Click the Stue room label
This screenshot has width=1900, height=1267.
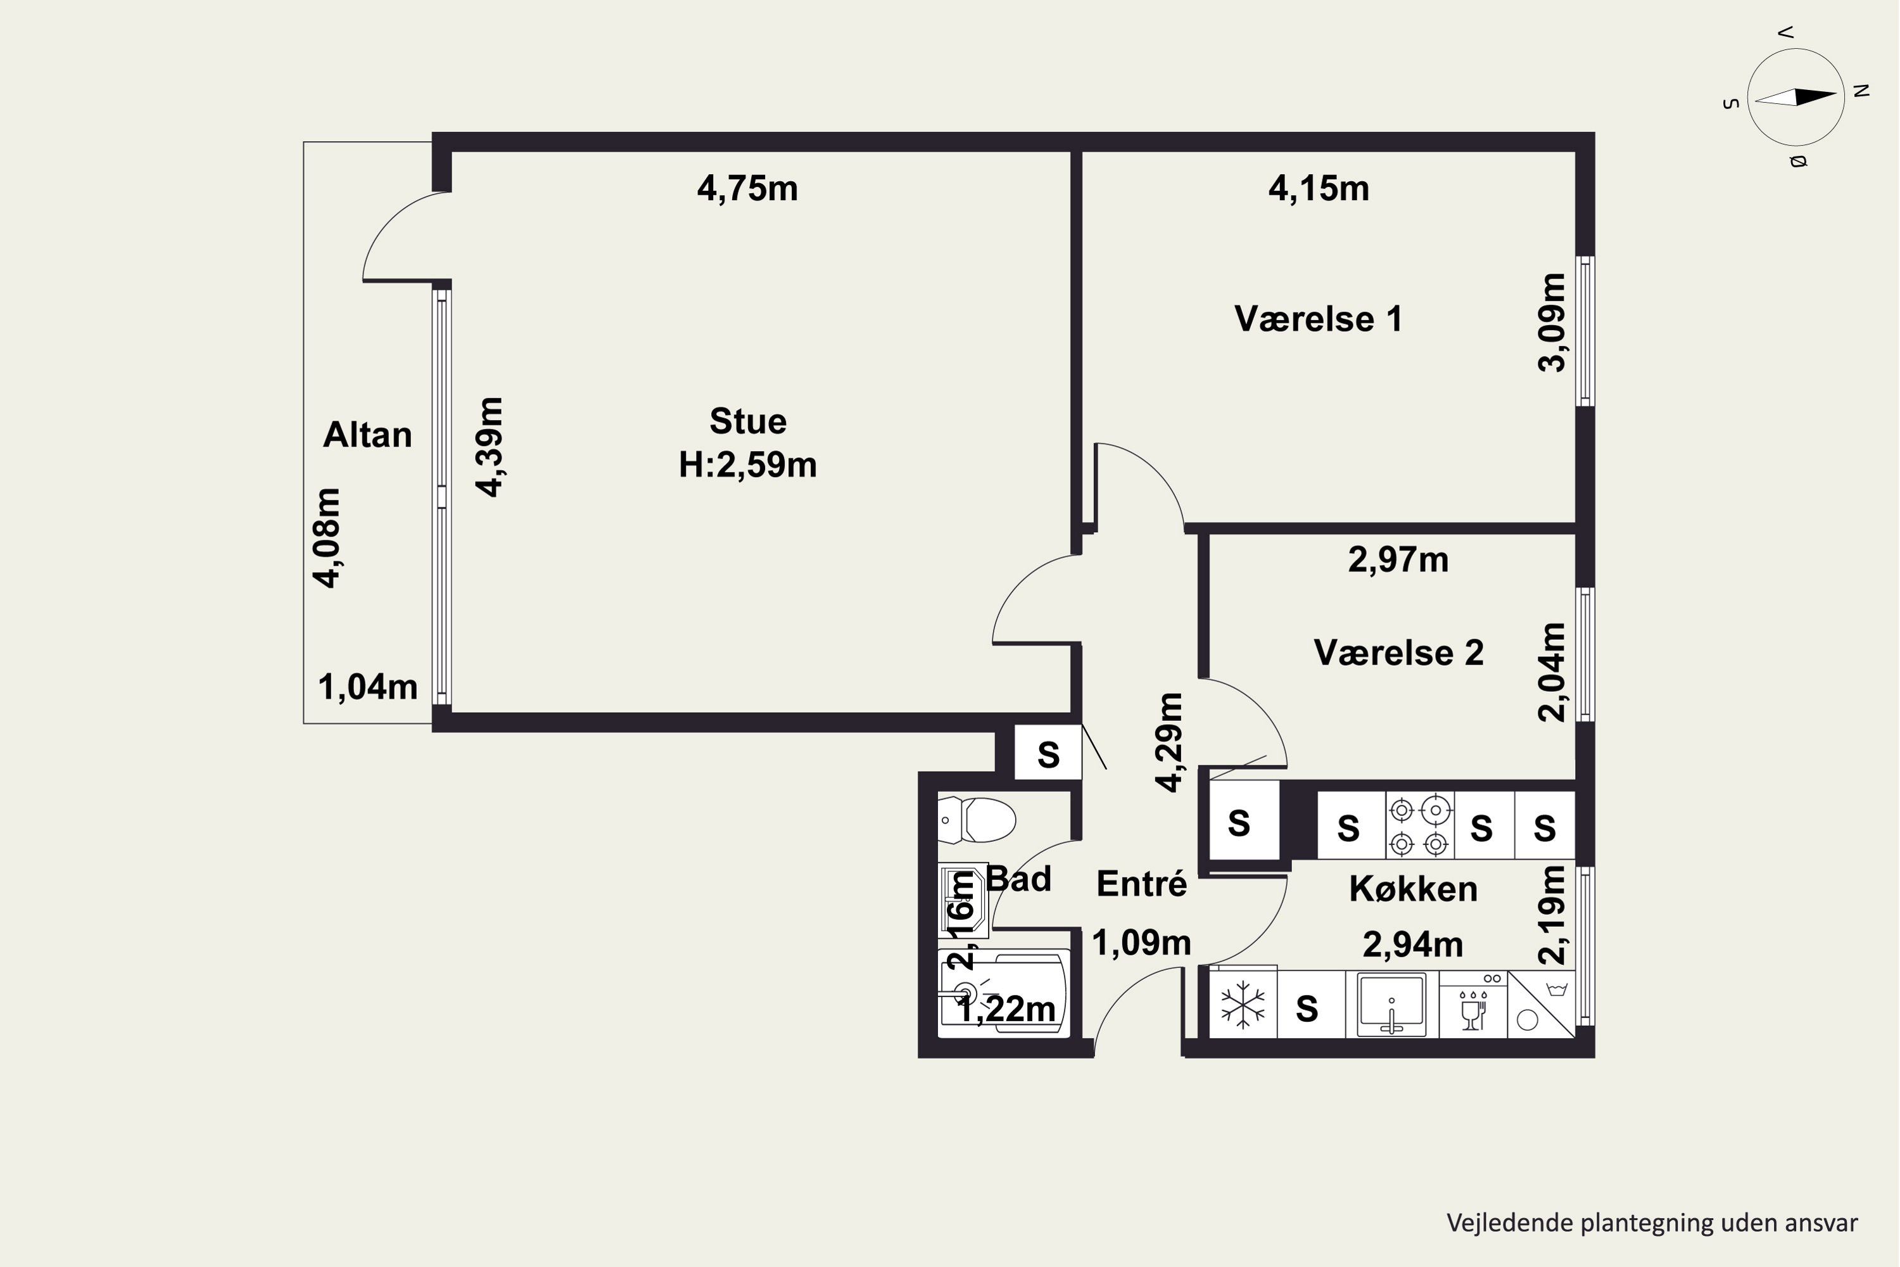point(747,421)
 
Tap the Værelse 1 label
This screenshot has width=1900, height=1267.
point(1319,319)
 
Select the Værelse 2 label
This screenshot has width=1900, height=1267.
point(1398,653)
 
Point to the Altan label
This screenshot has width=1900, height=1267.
point(367,435)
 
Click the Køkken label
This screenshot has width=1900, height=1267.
point(1413,889)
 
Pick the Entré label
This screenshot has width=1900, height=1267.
point(1141,883)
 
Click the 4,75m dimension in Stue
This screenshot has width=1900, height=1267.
point(747,188)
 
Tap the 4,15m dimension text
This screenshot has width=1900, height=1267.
point(1319,188)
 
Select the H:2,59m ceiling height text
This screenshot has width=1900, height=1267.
point(747,464)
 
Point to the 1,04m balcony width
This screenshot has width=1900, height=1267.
point(367,687)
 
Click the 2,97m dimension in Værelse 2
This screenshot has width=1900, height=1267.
point(1398,559)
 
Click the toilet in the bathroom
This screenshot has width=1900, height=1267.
point(977,820)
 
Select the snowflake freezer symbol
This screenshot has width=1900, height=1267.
point(1243,1006)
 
